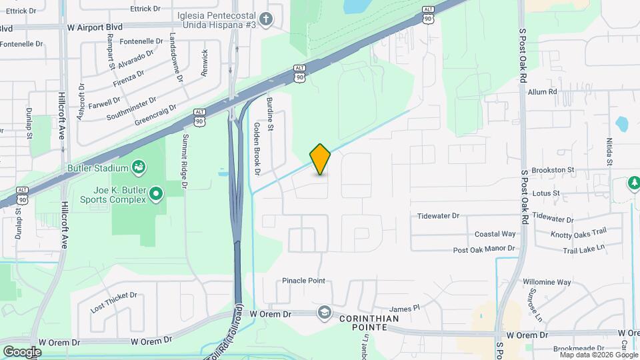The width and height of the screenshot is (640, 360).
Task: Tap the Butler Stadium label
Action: point(98,167)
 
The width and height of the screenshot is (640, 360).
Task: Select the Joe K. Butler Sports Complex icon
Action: point(156,194)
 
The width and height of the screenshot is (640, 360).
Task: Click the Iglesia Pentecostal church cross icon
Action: point(266,18)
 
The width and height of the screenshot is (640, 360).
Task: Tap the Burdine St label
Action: point(271,113)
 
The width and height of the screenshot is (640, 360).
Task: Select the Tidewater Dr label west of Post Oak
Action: point(439,216)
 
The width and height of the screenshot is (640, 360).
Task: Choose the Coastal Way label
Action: point(495,234)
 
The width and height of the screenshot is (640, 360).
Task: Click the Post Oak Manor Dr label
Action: point(485,249)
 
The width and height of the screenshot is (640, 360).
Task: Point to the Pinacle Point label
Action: point(303,281)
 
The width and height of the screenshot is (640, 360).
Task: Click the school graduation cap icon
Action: point(324,313)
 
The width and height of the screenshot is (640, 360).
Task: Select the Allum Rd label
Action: point(541,92)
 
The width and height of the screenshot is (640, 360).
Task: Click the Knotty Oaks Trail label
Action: point(579,233)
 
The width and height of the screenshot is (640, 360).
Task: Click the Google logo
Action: point(22,351)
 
